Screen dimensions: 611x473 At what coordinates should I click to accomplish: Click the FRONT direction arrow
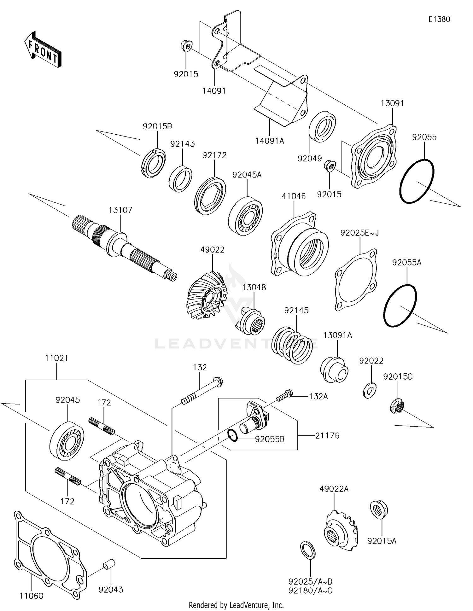point(43,49)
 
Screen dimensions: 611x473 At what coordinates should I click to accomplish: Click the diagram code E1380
point(439,19)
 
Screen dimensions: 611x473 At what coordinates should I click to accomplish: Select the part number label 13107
point(120,210)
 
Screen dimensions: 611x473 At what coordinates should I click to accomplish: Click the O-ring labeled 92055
point(417,181)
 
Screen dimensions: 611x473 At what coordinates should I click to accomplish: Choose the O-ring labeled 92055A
point(400,305)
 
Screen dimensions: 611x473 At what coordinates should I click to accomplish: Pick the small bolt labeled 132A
point(285,395)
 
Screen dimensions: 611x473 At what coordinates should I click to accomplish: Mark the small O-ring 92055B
point(232,435)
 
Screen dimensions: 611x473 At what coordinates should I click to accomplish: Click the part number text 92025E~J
point(359,233)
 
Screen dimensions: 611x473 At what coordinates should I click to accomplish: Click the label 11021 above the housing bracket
point(56,358)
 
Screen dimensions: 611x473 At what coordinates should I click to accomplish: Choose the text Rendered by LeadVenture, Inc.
point(236,605)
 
